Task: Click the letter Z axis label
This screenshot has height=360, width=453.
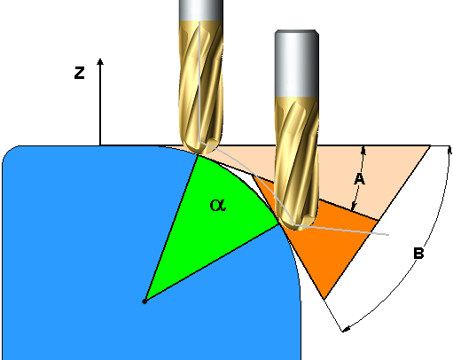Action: pyautogui.click(x=79, y=73)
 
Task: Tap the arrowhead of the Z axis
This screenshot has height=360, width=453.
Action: pyautogui.click(x=100, y=61)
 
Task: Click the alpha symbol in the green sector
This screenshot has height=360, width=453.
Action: pyautogui.click(x=218, y=205)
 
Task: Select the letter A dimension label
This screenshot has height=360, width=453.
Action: pyautogui.click(x=359, y=179)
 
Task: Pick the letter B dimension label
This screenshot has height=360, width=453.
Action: pyautogui.click(x=418, y=254)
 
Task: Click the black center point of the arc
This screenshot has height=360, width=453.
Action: pyautogui.click(x=144, y=301)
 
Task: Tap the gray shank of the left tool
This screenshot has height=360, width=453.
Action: pyautogui.click(x=201, y=11)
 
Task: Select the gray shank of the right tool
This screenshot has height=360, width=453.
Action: pyautogui.click(x=297, y=64)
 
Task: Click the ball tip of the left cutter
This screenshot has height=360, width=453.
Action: pyautogui.click(x=201, y=147)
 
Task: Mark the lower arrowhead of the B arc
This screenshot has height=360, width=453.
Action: pyautogui.click(x=347, y=329)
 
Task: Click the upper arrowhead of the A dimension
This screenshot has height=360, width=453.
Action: pyautogui.click(x=363, y=150)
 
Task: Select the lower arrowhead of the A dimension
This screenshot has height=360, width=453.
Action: pyautogui.click(x=354, y=207)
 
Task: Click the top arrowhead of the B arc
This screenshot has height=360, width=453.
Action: pyautogui.click(x=449, y=150)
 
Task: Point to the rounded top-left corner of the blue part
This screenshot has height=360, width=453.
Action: pyautogui.click(x=10, y=152)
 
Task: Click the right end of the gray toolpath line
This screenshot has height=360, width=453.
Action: pyautogui.click(x=388, y=235)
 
